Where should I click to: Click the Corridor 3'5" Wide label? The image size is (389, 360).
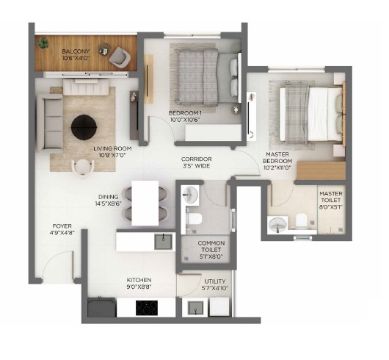point(197,162)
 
